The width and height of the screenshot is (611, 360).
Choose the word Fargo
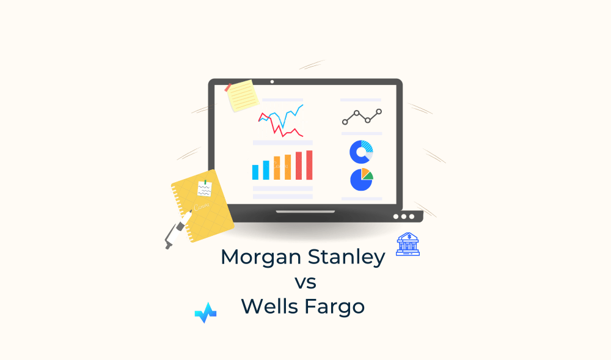(x=337, y=306)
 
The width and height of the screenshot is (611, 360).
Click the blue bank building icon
(x=408, y=244)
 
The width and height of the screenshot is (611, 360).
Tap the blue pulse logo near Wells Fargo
(x=205, y=312)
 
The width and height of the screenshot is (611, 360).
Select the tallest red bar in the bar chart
(x=309, y=164)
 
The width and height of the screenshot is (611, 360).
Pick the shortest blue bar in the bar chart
(x=255, y=172)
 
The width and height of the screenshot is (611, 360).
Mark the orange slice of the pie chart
(x=365, y=171)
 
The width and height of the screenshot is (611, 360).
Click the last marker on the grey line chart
(x=379, y=111)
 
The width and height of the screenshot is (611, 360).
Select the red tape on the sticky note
(x=229, y=87)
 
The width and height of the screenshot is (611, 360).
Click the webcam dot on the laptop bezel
(x=272, y=81)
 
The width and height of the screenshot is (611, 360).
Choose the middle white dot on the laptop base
(x=403, y=216)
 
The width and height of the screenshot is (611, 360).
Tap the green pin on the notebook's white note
(x=206, y=182)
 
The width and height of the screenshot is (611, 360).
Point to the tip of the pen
(x=167, y=246)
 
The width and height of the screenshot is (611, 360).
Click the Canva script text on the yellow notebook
(x=201, y=205)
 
